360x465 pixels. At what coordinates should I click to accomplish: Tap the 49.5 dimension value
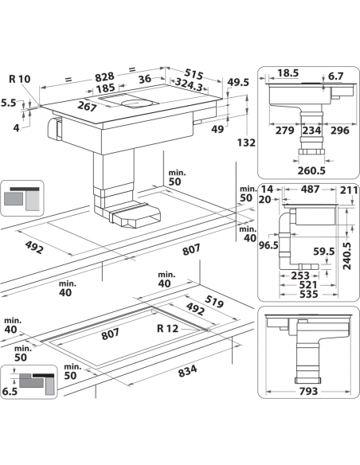tap(237, 81)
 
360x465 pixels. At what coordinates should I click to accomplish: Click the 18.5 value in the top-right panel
tap(288, 72)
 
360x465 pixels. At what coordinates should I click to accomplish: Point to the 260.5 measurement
tap(312, 169)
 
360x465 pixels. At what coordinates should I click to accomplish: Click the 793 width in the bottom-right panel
tap(307, 391)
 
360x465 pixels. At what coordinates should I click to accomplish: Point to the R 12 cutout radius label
tap(167, 325)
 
